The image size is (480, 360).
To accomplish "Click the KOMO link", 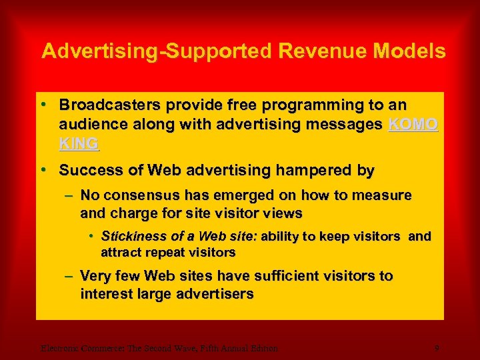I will pyautogui.click(x=413, y=124).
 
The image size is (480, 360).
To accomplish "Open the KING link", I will pyautogui.click(x=79, y=143).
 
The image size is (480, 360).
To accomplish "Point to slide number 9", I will pyautogui.click(x=436, y=347).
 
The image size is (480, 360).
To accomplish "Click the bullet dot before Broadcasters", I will pyautogui.click(x=43, y=105).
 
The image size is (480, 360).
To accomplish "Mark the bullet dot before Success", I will pyautogui.click(x=43, y=170).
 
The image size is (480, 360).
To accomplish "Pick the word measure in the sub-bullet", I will pyautogui.click(x=385, y=195).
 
